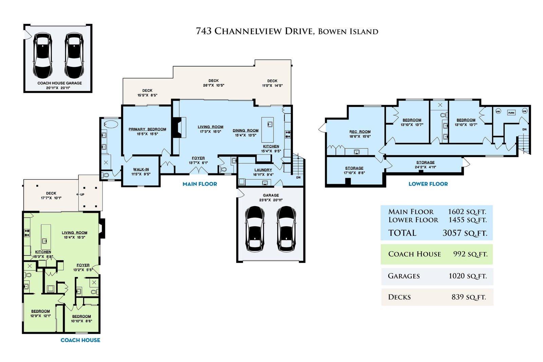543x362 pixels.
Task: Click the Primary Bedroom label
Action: point(147,129)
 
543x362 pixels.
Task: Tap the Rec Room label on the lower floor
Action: point(360,132)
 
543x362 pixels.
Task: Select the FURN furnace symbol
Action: point(511,113)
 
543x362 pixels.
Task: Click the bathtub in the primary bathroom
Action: point(111,124)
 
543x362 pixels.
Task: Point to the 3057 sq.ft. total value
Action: point(465,233)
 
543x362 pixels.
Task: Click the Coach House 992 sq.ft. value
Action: point(470,254)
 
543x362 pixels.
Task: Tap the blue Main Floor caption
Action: point(200,184)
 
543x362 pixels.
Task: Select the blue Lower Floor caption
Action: point(428,184)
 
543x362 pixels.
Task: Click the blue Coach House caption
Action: point(80,340)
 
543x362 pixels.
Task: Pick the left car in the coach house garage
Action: point(43,56)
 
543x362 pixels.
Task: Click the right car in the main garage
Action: point(286,229)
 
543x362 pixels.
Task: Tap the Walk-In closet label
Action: point(141,169)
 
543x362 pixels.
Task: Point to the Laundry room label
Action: point(263,170)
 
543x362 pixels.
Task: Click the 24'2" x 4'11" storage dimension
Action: point(426,167)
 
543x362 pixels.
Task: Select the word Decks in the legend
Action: point(399,297)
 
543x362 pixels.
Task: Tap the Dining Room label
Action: point(246,130)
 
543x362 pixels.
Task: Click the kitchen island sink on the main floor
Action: point(270,125)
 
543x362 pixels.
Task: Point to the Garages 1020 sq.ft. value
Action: point(468,276)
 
